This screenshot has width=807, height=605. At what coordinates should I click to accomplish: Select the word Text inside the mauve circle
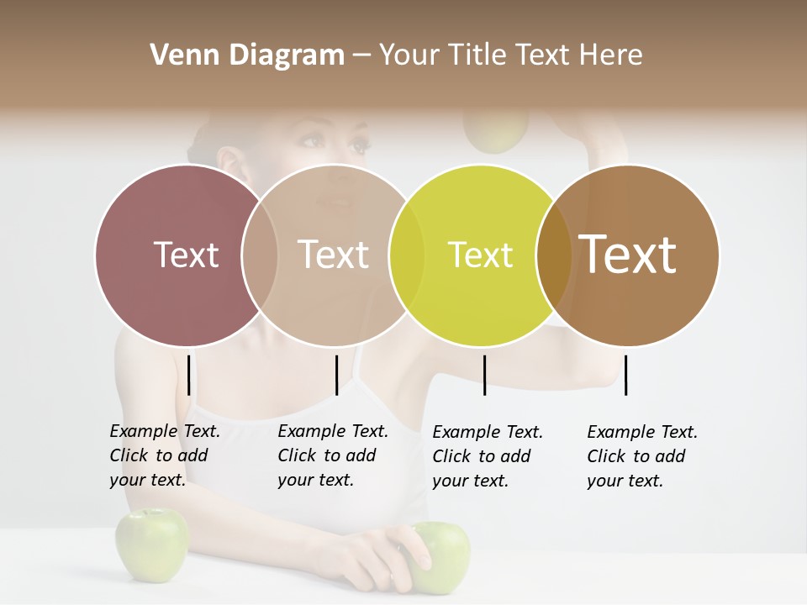click(x=186, y=255)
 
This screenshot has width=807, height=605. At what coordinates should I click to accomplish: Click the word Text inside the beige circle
click(x=334, y=255)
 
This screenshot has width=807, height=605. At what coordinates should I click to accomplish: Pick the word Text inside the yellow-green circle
click(x=480, y=255)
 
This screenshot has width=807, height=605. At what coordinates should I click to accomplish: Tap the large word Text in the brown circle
click(x=628, y=255)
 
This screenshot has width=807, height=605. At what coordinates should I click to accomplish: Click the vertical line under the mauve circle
click(x=189, y=375)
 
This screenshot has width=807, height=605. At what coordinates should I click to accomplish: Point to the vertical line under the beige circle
click(x=336, y=375)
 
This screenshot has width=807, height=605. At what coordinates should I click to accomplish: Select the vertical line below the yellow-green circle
click(x=484, y=375)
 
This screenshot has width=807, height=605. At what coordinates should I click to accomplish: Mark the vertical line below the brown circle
click(x=625, y=375)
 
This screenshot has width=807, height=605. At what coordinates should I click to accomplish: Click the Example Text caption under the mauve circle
click(x=164, y=455)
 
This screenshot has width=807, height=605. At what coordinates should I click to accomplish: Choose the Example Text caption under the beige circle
click(x=332, y=455)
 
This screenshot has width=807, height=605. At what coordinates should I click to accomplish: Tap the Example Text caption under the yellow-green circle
click(x=487, y=456)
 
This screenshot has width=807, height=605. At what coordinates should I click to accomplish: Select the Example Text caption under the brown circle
click(x=641, y=456)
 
